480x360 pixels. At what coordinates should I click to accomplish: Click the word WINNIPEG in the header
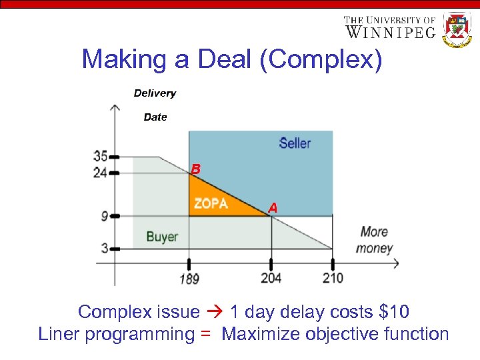tap(390, 32)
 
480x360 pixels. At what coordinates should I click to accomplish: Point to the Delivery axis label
tap(155, 93)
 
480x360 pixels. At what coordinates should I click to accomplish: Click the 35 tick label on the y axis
tap(100, 157)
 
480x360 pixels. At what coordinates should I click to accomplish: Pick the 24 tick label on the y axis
tap(100, 173)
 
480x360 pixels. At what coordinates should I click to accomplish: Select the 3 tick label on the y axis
tap(105, 249)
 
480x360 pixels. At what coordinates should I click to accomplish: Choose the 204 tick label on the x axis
tap(271, 278)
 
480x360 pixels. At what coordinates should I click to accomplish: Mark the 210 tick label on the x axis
tap(333, 278)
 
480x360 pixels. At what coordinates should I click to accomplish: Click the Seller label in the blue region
tap(295, 143)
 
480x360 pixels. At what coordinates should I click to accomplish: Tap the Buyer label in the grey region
tap(161, 236)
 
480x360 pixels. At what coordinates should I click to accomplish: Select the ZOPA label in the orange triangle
tap(211, 203)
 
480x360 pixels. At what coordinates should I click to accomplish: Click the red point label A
tap(273, 208)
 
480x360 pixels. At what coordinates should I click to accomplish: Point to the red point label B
tap(195, 170)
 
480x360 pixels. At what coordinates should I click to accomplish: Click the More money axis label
tap(375, 240)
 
